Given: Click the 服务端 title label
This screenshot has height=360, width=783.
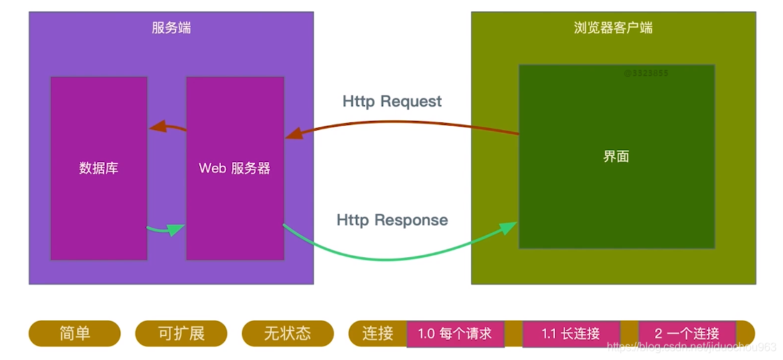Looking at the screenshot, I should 171,28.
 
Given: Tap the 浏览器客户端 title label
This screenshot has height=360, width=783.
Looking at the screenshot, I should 613,28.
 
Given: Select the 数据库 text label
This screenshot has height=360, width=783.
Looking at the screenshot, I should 99,168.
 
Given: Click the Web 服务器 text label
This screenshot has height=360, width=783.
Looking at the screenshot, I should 235,168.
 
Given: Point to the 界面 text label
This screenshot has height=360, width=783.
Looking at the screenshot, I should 616,157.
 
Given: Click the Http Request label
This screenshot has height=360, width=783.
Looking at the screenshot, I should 392,101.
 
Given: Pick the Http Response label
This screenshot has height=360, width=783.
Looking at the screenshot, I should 392,220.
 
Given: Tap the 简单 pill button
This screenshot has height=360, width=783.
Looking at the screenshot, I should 75,333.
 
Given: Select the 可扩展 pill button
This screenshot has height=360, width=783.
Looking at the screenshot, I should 181,333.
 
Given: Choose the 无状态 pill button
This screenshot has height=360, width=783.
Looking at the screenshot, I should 287,333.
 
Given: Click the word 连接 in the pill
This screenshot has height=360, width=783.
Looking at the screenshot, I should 378,333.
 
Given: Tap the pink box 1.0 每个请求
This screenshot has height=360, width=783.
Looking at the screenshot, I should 455,333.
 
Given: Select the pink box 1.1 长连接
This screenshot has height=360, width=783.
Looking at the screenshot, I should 570,333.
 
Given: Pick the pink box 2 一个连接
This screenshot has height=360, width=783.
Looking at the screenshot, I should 687,333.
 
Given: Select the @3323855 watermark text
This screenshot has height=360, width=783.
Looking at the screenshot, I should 646,73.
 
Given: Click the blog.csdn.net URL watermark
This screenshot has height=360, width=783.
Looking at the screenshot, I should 692,347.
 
